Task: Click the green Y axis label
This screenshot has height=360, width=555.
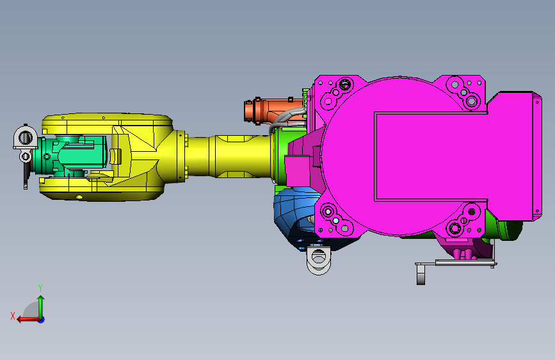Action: (x=40, y=288)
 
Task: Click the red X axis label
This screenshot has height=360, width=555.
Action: (x=13, y=316)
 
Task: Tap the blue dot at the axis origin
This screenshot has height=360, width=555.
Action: (x=41, y=320)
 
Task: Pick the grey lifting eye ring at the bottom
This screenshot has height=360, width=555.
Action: (x=319, y=261)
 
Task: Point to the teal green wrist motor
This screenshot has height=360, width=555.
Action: (x=82, y=156)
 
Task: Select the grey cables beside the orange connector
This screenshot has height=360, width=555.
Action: (x=287, y=118)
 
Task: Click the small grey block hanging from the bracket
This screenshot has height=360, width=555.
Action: (x=421, y=275)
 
